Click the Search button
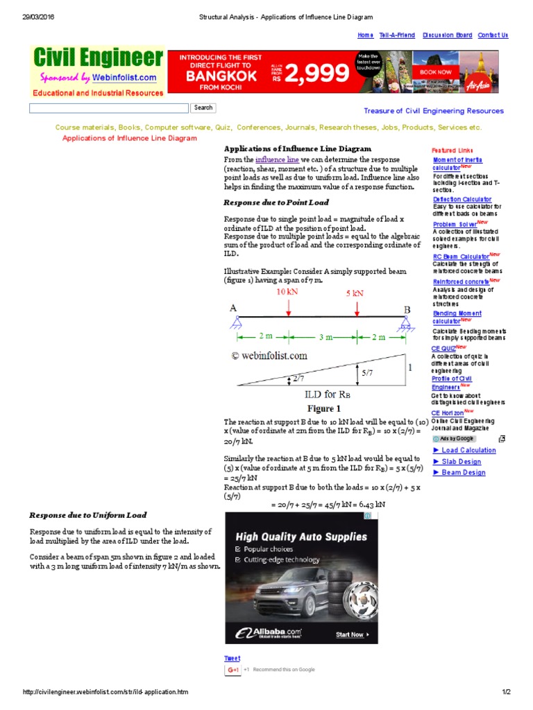(203, 107)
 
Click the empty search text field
(108, 108)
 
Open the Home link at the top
(365, 35)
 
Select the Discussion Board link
(447, 35)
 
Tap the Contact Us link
(493, 35)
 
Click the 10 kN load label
(288, 293)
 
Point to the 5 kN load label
(355, 293)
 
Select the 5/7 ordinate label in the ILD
(367, 372)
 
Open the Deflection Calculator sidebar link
(462, 200)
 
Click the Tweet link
(232, 659)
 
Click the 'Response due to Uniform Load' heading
(87, 515)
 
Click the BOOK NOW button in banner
(435, 71)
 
